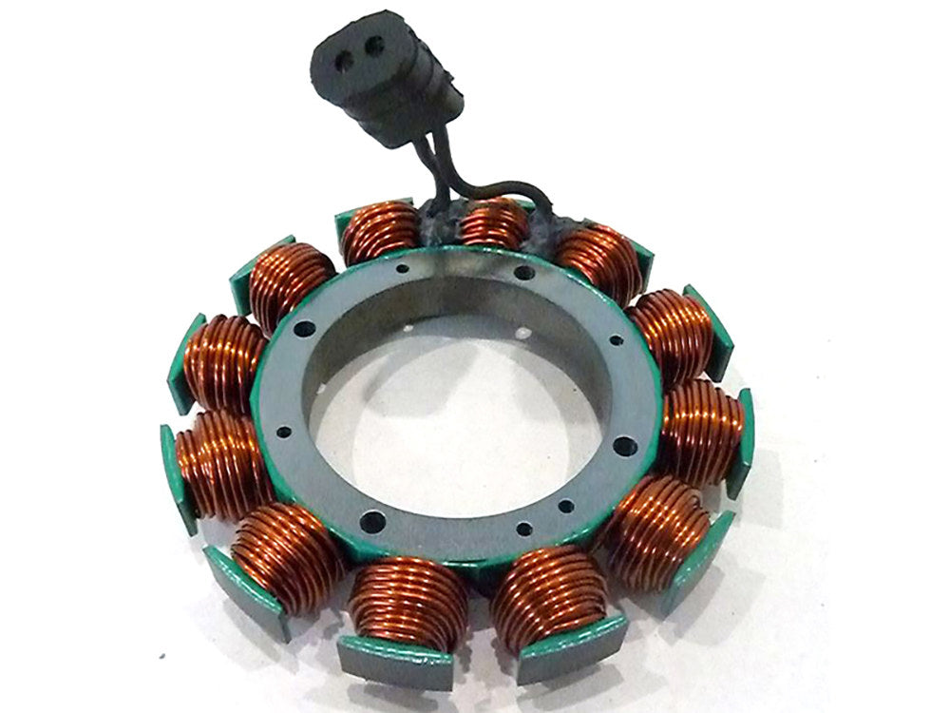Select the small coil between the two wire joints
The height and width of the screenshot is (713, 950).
click(x=495, y=223)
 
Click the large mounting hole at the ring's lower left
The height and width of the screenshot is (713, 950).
click(x=371, y=522)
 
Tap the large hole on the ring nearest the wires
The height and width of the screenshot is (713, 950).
click(x=520, y=273)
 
